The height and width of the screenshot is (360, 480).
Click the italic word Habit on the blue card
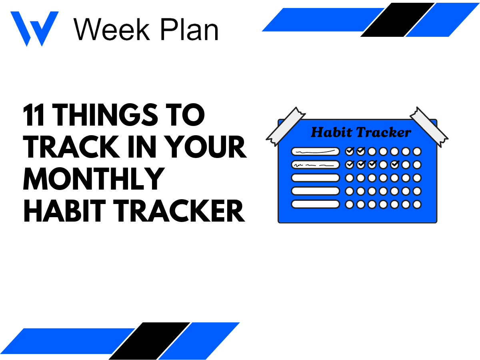coord(329,132)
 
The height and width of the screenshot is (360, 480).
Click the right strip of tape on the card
coord(429,126)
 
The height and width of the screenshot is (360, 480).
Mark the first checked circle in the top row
coord(350,151)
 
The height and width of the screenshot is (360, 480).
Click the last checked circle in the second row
coord(395,164)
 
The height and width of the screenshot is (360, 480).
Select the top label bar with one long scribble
coord(315,151)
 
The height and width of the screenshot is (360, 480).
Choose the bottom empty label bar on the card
coord(315,204)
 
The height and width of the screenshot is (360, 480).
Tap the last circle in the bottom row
coord(417,204)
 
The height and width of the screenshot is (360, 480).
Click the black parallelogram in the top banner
coord(397,20)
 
